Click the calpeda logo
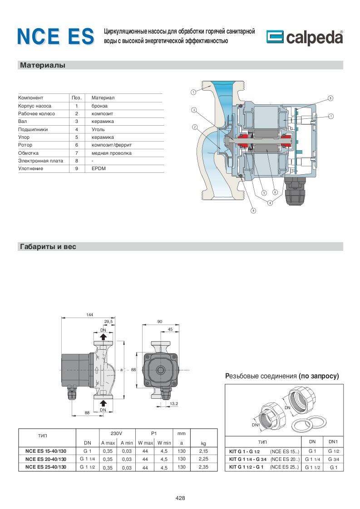[304, 38]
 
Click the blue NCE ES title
[55, 36]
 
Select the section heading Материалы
[43, 65]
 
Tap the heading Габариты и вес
[48, 247]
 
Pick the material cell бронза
[99, 106]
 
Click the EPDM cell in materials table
[98, 168]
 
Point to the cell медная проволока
[111, 153]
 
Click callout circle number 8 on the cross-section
[330, 98]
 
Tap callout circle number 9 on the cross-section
[253, 210]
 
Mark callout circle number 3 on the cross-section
[193, 110]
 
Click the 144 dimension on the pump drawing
[89, 315]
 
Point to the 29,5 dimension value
[108, 322]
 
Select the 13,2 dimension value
[174, 403]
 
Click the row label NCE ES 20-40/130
[46, 459]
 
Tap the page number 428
[180, 498]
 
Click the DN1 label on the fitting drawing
[256, 425]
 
